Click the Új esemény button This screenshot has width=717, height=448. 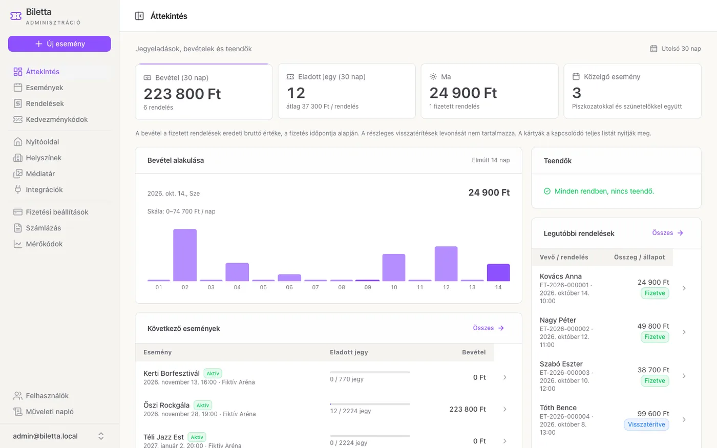point(59,44)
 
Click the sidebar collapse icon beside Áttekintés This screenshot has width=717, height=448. point(139,16)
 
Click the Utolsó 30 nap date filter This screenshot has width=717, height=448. point(676,49)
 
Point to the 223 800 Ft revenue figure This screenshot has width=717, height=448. point(182,94)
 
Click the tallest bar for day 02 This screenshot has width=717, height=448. point(185,255)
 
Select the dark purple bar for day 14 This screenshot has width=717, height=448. point(498,272)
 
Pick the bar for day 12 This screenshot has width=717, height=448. point(446,264)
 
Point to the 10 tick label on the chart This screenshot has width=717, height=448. point(394,287)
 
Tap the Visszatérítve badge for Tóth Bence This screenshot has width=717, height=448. point(646,424)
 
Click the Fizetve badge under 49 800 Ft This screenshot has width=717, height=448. point(655,337)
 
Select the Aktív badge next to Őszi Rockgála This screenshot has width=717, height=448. point(203,406)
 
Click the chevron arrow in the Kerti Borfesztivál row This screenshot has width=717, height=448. point(505,377)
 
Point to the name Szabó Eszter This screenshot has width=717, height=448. point(561,364)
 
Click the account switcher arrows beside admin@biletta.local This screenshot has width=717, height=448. point(101,436)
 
